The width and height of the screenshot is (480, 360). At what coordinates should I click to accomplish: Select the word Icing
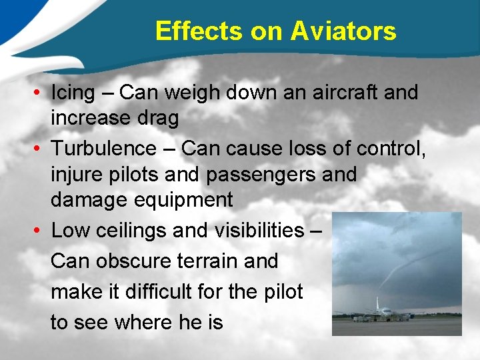click(73, 93)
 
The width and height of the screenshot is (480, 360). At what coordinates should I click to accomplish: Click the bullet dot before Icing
click(41, 93)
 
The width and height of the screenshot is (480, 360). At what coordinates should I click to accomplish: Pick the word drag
click(159, 119)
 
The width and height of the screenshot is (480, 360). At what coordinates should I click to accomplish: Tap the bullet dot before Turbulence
click(41, 148)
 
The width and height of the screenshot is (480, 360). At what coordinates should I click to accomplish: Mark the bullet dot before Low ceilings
click(41, 231)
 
